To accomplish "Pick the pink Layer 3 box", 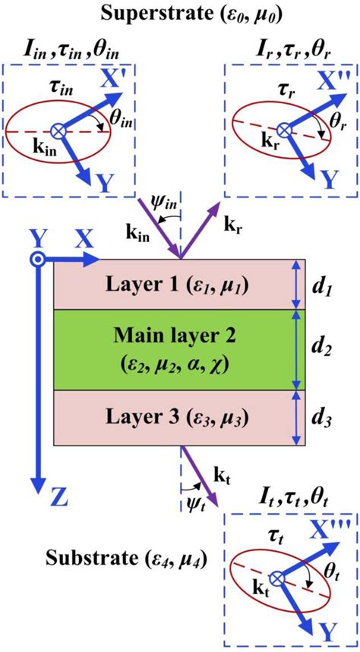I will [172, 416].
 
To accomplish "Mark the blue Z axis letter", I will [38, 499].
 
